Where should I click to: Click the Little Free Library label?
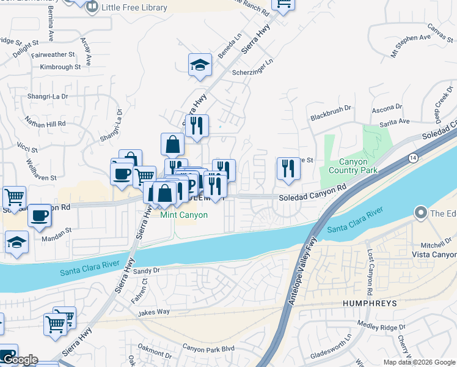(x=136, y=7)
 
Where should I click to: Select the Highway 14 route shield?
(x=413, y=157)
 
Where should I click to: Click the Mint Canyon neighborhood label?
(x=184, y=215)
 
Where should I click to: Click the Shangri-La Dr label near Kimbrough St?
(x=47, y=97)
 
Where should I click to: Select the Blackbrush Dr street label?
(x=331, y=113)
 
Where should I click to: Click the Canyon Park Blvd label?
(x=208, y=348)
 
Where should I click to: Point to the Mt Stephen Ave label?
(x=411, y=46)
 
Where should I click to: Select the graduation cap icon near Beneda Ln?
(x=200, y=65)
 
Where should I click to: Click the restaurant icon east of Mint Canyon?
(x=288, y=168)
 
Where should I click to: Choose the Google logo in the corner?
(x=20, y=360)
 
